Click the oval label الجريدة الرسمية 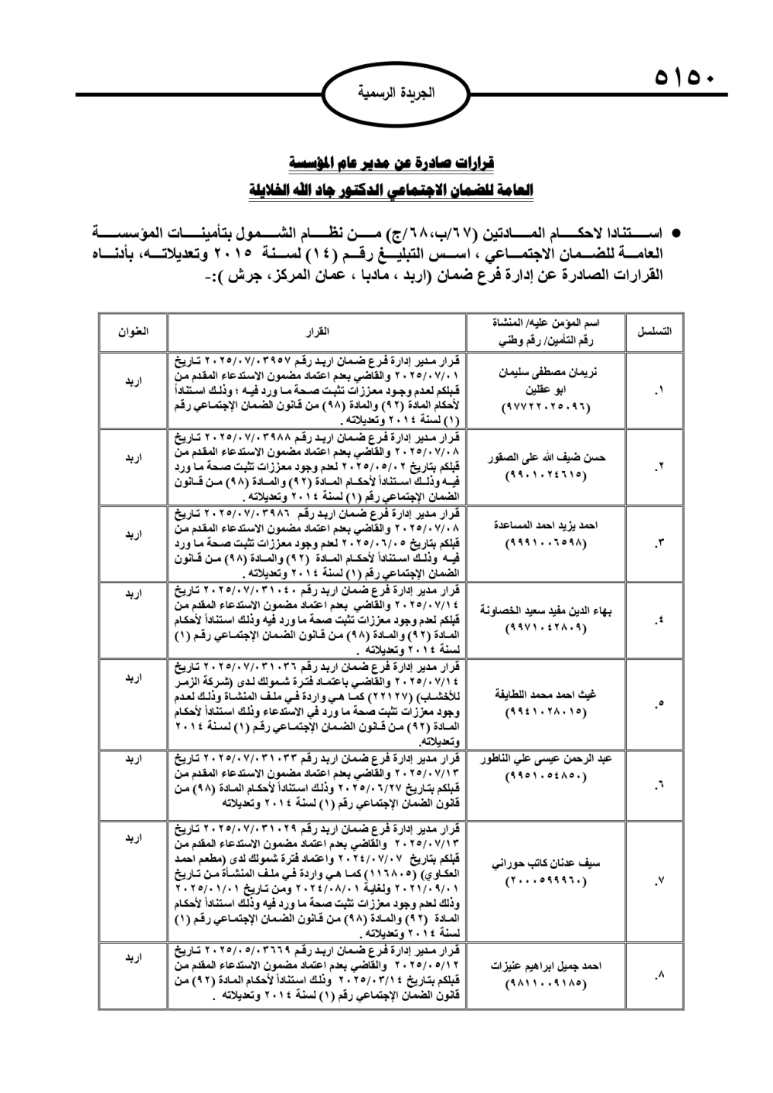pos(395,93)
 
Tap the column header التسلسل pos(654,331)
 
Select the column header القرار pos(317,331)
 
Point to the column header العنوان pos(133,331)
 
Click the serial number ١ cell pos(657,391)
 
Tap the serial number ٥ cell pos(657,703)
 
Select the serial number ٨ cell pos(657,976)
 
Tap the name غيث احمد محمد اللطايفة pos(546,694)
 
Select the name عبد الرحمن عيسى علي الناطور pos(547,760)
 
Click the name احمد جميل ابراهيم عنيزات pos(546,966)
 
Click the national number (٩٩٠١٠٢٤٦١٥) pos(546,476)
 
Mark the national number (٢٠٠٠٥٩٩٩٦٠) pos(546,882)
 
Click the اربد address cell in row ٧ pos(133,837)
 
